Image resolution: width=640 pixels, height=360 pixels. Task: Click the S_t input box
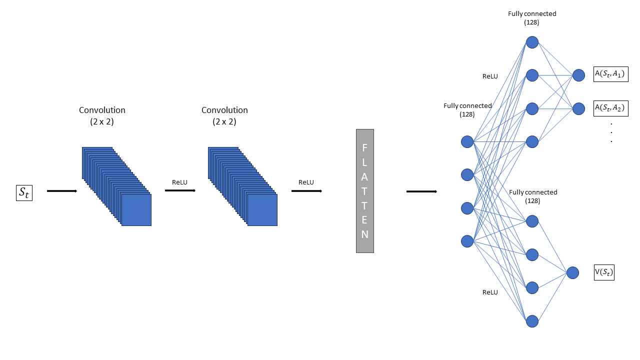[x=24, y=193]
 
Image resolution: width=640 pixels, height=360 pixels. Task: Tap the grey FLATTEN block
[x=365, y=191]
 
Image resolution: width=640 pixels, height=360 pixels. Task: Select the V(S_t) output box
[x=604, y=272]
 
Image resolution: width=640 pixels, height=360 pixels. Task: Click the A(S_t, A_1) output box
[x=611, y=74]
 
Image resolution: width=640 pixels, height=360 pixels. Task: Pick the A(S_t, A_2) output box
[x=611, y=108]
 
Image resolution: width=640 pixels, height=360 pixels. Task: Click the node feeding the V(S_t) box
[x=572, y=273]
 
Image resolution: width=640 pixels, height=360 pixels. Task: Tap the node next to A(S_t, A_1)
[x=578, y=75]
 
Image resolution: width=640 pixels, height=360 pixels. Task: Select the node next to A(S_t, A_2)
[x=578, y=109]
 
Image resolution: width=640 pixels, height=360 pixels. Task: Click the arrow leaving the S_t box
[x=62, y=191]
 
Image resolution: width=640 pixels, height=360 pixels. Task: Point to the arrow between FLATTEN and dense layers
[x=421, y=191]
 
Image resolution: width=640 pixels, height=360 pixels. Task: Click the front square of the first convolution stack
[x=136, y=210]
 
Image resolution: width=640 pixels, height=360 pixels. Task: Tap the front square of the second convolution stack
[x=262, y=210]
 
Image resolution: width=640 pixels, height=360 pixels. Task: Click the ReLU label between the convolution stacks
[x=179, y=182]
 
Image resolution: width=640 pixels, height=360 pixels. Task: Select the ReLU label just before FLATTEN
[x=306, y=182]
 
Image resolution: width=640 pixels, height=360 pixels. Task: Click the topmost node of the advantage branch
[x=532, y=42]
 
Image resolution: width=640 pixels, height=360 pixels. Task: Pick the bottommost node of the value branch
[x=532, y=321]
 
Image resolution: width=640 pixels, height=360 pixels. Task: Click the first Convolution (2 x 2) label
[x=102, y=115]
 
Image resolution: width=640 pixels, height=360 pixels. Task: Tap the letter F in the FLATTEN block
[x=364, y=148]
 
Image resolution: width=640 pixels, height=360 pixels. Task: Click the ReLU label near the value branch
[x=490, y=292]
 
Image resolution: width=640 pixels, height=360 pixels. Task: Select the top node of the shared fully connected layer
[x=467, y=141]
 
